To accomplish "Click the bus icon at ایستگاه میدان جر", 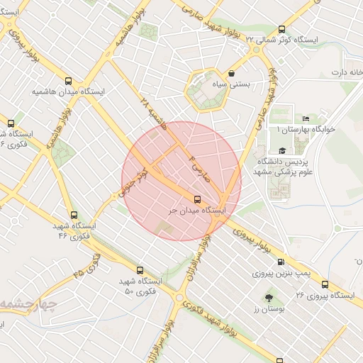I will tap(198, 199).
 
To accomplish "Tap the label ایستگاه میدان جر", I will tap(196, 211).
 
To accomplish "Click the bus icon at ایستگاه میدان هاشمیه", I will tap(68, 81).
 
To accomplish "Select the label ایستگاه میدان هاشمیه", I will tap(68, 92).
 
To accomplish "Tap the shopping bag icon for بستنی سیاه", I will tap(232, 73).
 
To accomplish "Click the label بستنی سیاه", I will tap(233, 84).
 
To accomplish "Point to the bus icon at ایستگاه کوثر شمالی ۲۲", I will tap(282, 29).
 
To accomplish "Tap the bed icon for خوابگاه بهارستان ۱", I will tap(306, 118).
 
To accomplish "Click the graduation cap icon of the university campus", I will tap(283, 150).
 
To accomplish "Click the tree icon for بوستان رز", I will tap(269, 298).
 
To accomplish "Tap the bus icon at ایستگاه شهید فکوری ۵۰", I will tap(139, 270).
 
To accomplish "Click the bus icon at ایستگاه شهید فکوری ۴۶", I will tap(74, 214).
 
